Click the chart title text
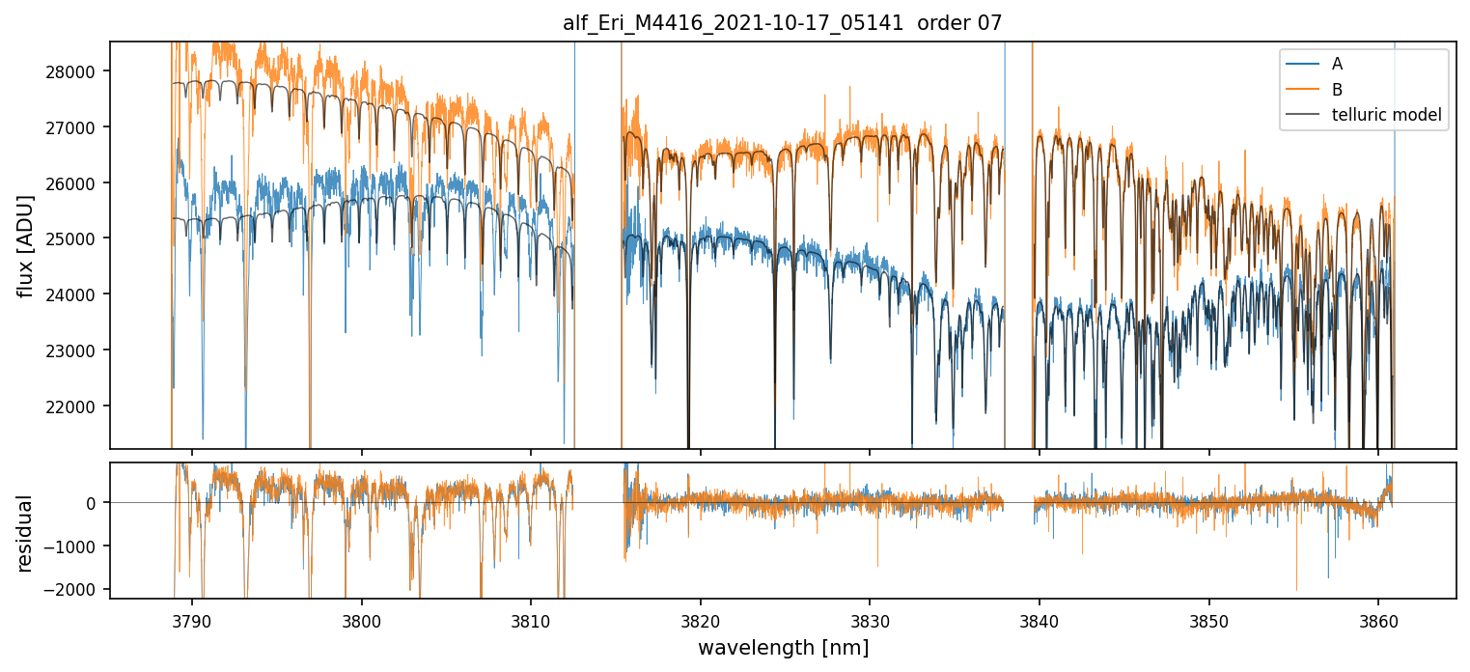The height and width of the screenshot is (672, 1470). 783,23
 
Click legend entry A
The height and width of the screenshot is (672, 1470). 1337,64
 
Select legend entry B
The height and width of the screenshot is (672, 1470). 1337,90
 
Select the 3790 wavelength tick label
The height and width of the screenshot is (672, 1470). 192,619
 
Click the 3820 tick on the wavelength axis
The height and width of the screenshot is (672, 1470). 700,619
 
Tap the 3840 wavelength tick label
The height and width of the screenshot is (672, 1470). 1039,619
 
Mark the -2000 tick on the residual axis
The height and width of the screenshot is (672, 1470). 78,591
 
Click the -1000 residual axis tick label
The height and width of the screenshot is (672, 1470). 78,546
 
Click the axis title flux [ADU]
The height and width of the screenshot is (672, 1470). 27,245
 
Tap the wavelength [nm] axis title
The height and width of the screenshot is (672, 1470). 783,648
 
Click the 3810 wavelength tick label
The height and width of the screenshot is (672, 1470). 531,619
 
